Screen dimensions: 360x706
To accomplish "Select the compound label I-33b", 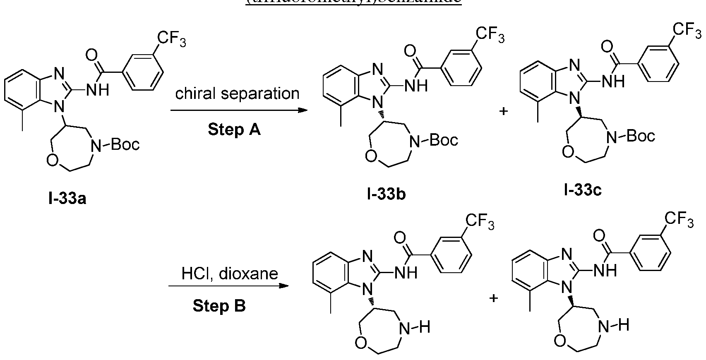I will (386, 193).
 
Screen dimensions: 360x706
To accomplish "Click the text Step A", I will (234, 130).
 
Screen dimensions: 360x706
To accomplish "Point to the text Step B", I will (219, 306).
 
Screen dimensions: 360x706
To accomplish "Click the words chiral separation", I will (237, 94).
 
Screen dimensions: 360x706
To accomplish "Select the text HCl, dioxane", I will (230, 274).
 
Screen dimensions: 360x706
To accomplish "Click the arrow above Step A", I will (239, 110).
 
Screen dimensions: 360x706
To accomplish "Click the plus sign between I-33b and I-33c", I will (504, 112).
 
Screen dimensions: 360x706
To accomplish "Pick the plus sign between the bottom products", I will (493, 298).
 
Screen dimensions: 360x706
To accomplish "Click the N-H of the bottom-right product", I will (615, 325).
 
